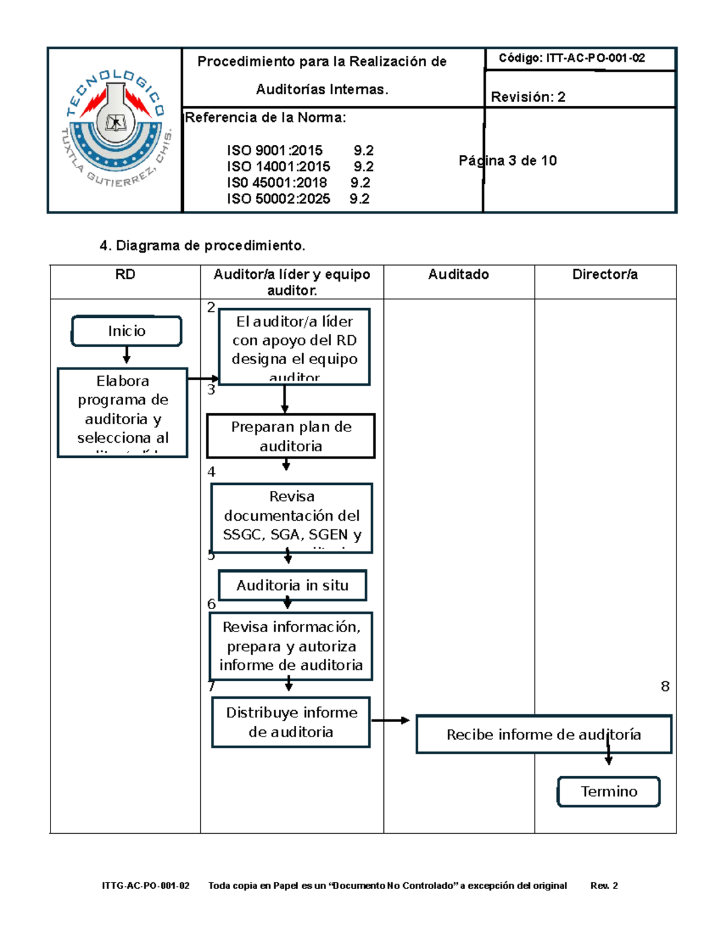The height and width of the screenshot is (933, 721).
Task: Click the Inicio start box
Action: [126, 331]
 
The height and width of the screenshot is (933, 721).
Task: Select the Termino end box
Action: [609, 792]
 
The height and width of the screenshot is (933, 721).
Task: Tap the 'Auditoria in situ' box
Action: [293, 585]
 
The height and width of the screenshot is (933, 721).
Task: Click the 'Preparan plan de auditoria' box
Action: [291, 436]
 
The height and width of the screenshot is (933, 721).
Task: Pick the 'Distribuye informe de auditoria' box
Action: [291, 722]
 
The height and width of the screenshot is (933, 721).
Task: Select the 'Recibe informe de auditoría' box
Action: [543, 734]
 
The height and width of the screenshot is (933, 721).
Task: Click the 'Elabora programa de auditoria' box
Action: [123, 413]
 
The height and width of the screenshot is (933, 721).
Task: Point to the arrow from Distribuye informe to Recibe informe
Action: [391, 720]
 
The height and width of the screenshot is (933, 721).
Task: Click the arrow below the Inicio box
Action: [126, 356]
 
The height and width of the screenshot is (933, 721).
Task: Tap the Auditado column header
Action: [458, 275]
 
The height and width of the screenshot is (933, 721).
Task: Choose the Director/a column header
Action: [605, 275]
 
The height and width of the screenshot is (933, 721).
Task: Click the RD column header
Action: [125, 275]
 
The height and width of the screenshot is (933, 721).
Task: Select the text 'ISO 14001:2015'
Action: [278, 166]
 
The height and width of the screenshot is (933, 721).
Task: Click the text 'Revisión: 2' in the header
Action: [528, 97]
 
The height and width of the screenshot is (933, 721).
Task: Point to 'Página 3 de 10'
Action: [508, 160]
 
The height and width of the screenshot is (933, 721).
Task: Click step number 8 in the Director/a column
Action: [665, 686]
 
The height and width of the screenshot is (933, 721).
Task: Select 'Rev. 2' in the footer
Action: [604, 886]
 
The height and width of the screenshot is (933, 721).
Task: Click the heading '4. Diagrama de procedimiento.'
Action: [202, 245]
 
